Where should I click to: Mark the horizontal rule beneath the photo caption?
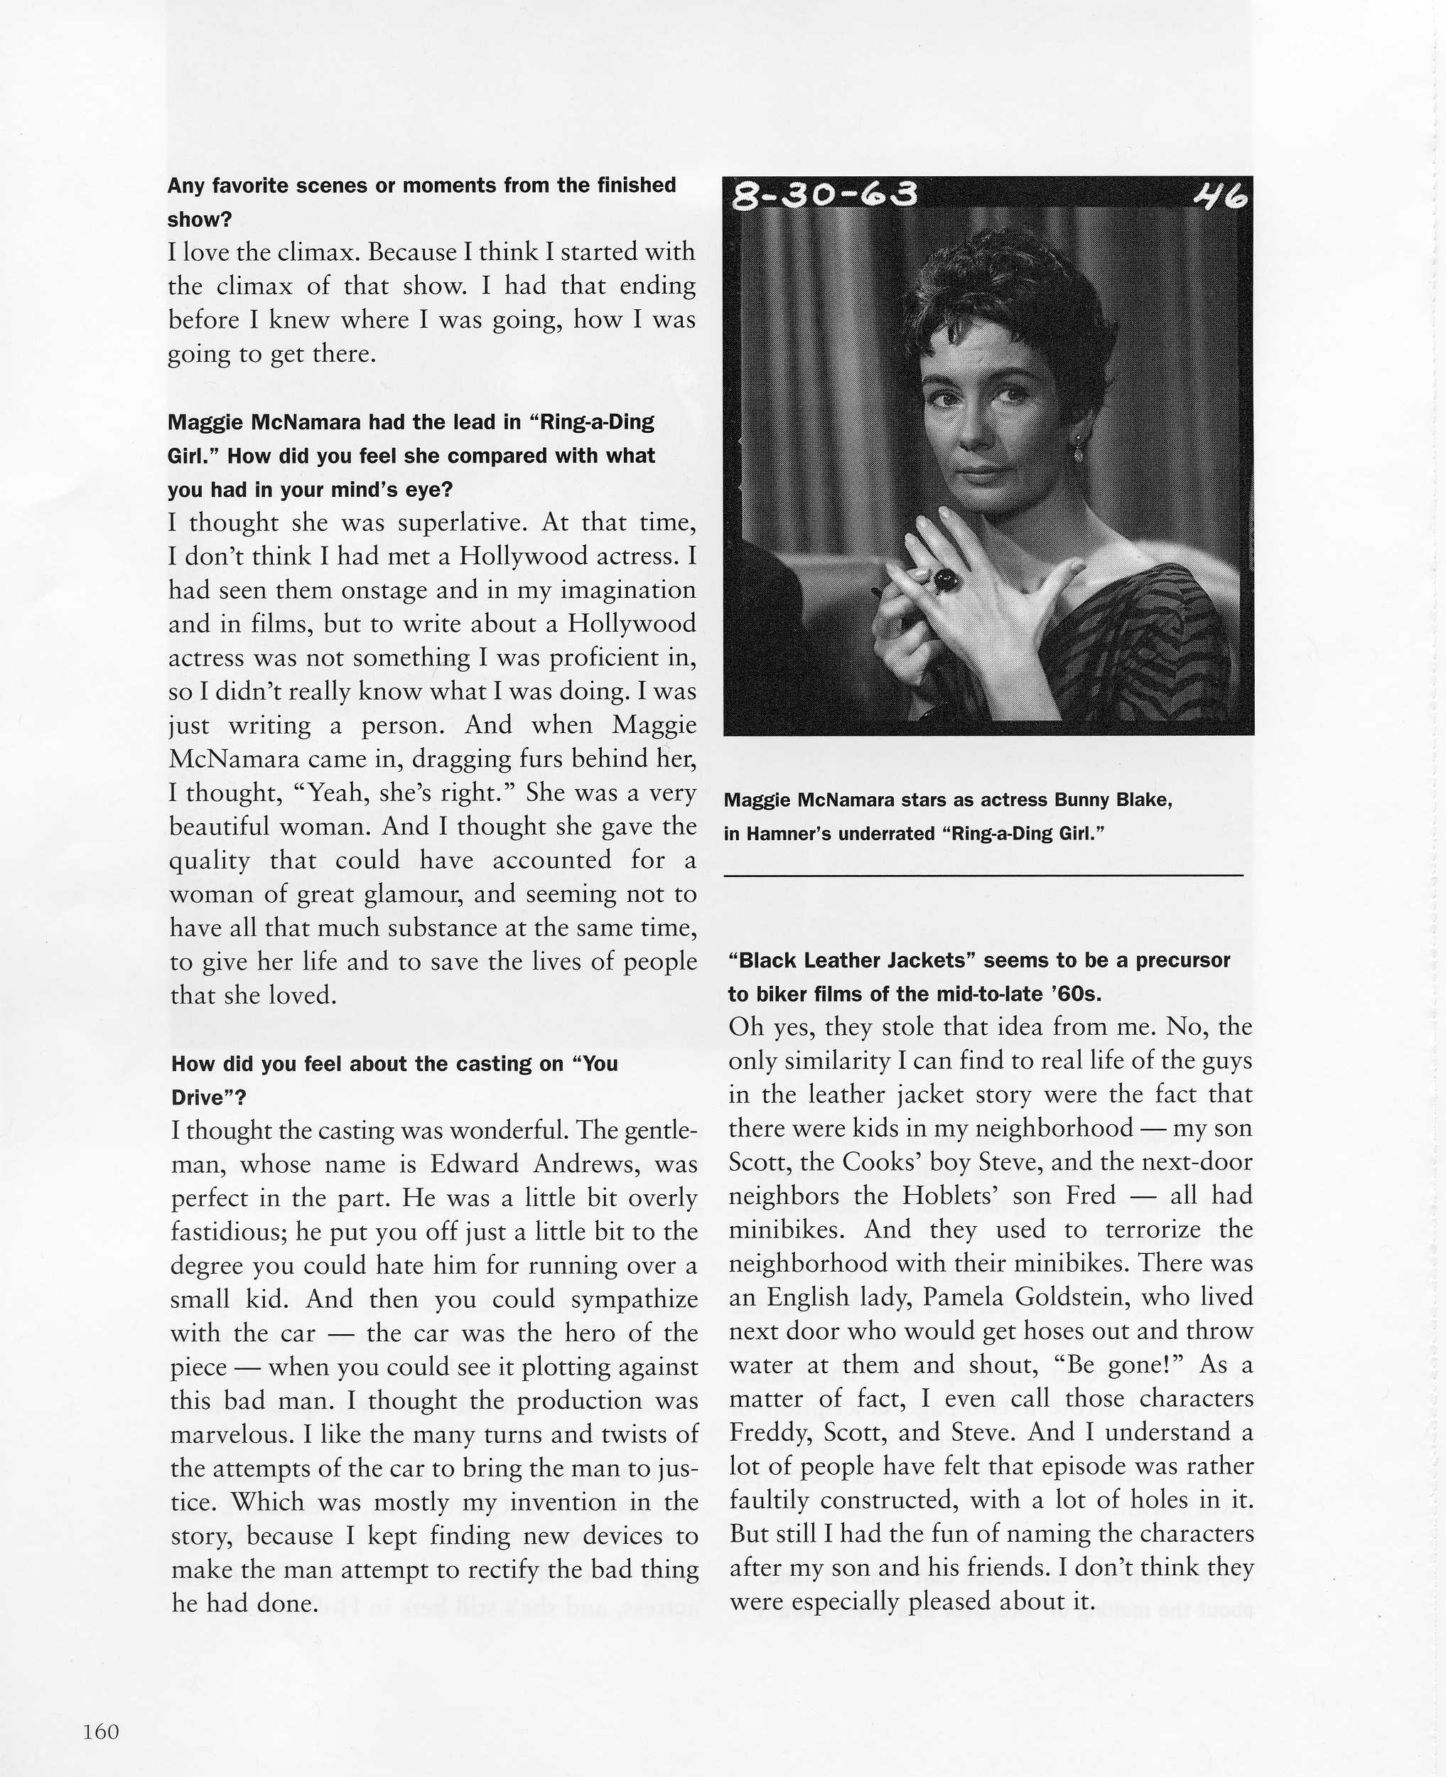(x=983, y=875)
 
